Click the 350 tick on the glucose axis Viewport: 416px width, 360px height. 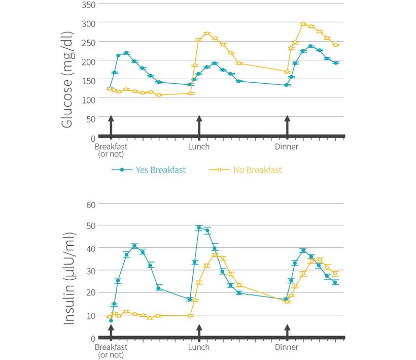(88, 4)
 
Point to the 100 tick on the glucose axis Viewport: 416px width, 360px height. (88, 100)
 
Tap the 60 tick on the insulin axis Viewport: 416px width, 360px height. (91, 205)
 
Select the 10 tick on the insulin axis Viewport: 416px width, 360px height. (91, 315)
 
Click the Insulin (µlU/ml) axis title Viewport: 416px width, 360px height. (68, 278)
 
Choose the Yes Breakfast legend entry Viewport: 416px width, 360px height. (149, 170)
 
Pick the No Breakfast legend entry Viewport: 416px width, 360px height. (246, 170)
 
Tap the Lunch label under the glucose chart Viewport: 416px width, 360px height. (198, 147)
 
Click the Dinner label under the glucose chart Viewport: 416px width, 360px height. (287, 147)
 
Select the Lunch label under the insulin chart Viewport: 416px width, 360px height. (198, 347)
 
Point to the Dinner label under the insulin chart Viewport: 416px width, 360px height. (287, 347)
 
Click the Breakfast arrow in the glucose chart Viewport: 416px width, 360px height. (111, 125)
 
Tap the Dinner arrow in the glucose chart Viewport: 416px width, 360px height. (287, 125)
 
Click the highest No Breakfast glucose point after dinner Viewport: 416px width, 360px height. (303, 24)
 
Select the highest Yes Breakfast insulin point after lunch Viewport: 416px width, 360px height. (199, 227)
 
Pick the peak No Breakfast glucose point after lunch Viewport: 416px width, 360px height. (207, 34)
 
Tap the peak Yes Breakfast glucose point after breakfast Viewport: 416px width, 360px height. (126, 53)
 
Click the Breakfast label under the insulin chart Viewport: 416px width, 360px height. (112, 351)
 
